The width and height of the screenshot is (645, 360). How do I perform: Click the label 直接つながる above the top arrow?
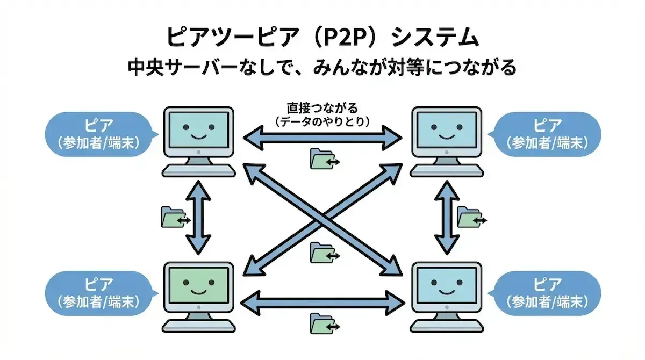pos(322,109)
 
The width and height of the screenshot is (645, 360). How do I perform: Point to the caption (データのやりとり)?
pos(322,122)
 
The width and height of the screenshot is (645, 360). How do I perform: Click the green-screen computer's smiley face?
pos(198,286)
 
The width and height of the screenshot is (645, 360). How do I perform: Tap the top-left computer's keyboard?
pos(199,170)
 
